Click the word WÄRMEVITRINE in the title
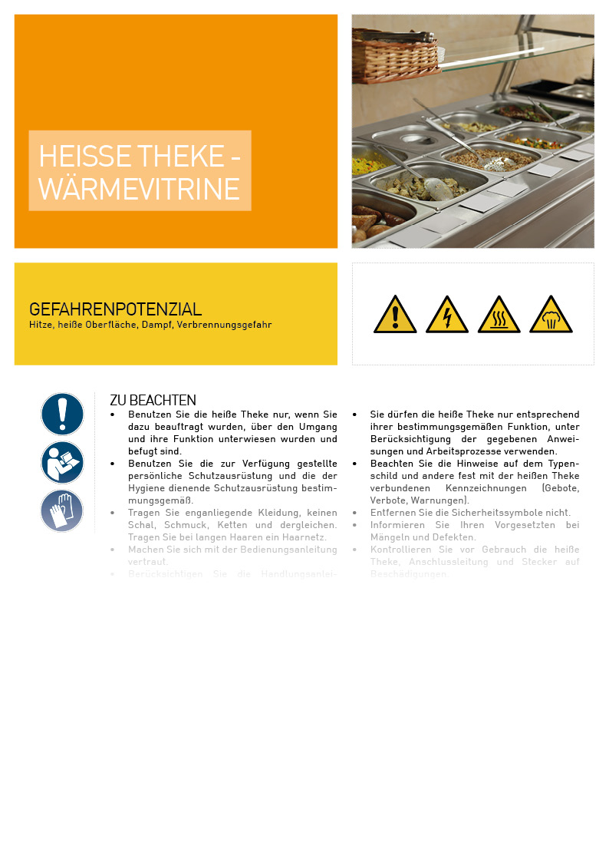pyautogui.click(x=139, y=188)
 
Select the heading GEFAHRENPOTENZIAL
pyautogui.click(x=115, y=309)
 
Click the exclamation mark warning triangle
pyautogui.click(x=395, y=315)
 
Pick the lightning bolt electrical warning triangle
pyautogui.click(x=447, y=315)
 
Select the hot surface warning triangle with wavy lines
pyautogui.click(x=499, y=315)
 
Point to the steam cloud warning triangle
pyautogui.click(x=551, y=315)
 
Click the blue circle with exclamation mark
pyautogui.click(x=62, y=414)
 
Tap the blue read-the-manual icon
pyautogui.click(x=62, y=462)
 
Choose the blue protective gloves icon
pyautogui.click(x=62, y=510)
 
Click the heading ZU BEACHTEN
pyautogui.click(x=153, y=401)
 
